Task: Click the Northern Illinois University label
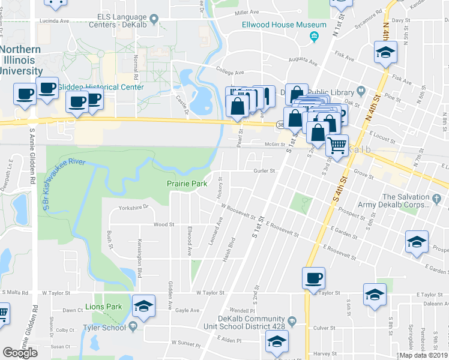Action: pyautogui.click(x=20, y=60)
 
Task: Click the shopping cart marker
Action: pyautogui.click(x=337, y=145)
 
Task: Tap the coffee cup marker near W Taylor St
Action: pyautogui.click(x=313, y=278)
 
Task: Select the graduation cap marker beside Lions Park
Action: pyautogui.click(x=143, y=306)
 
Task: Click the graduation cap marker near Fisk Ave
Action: pyautogui.click(x=385, y=53)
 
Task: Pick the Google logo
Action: pyautogui.click(x=20, y=352)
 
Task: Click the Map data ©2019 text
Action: pyautogui.click(x=424, y=355)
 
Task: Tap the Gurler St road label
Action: pyautogui.click(x=264, y=170)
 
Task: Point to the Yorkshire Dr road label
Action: pyautogui.click(x=133, y=207)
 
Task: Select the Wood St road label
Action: pyautogui.click(x=164, y=224)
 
